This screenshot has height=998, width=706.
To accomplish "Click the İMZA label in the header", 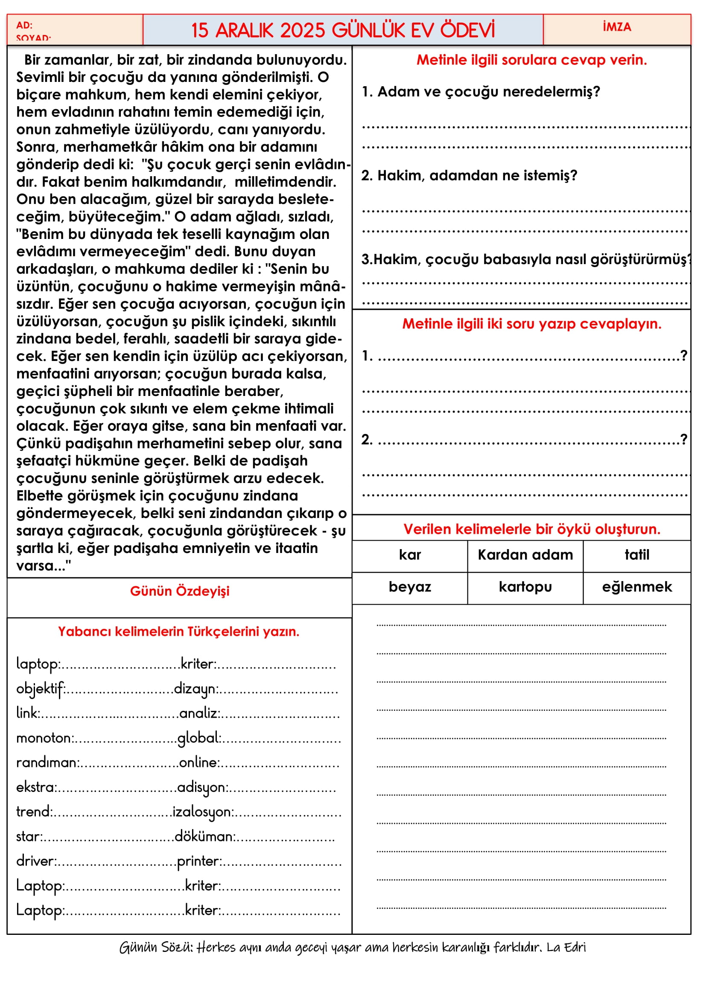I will pyautogui.click(x=616, y=27).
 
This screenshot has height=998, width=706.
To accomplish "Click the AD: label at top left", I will pyautogui.click(x=24, y=25).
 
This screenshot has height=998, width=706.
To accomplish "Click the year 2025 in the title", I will pyautogui.click(x=303, y=30).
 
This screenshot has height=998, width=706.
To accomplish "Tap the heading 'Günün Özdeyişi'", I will pyautogui.click(x=180, y=591).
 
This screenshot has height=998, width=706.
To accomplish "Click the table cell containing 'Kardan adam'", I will pyautogui.click(x=525, y=555).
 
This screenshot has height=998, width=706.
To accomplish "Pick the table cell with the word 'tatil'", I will pyautogui.click(x=637, y=555).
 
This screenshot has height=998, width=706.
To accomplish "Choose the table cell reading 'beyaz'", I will pyautogui.click(x=409, y=587).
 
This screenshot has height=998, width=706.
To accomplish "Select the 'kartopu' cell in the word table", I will pyautogui.click(x=525, y=587).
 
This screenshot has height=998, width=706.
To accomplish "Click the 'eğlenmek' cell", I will pyautogui.click(x=637, y=587).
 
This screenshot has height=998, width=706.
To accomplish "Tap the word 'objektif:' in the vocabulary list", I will pyautogui.click(x=41, y=689).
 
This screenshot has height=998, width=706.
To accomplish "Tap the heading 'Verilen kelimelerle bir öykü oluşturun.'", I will pyautogui.click(x=532, y=530).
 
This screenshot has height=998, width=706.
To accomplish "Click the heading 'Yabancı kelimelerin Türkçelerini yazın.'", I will pyautogui.click(x=179, y=631).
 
